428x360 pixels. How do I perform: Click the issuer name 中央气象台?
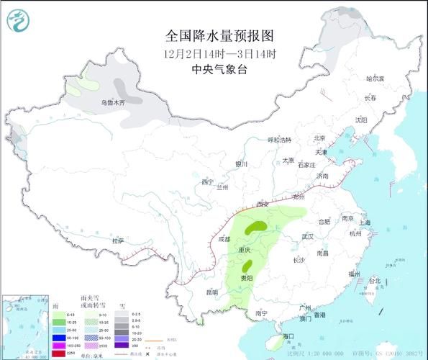click(x=220, y=70)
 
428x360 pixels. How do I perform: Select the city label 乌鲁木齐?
click(x=112, y=104)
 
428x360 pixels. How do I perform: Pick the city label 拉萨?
click(x=118, y=240)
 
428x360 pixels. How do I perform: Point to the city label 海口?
click(x=289, y=336)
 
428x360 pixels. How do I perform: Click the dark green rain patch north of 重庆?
click(x=253, y=229)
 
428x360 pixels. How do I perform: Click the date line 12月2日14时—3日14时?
click(x=220, y=53)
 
